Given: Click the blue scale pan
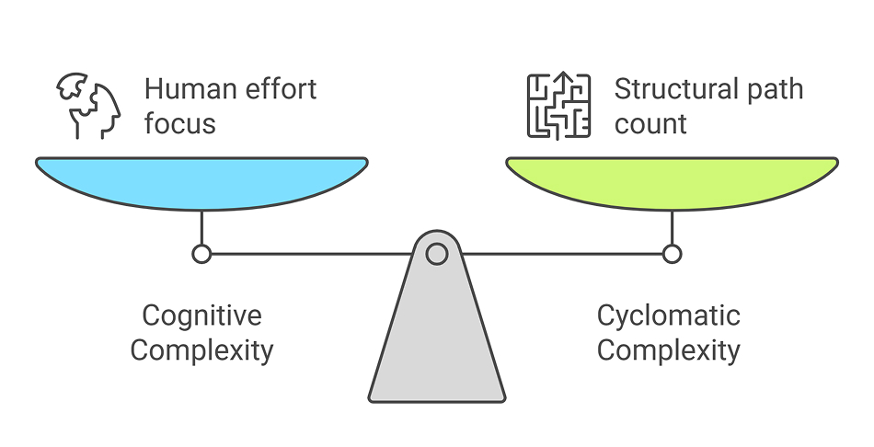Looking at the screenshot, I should (201, 182).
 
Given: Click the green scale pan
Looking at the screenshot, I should (672, 182).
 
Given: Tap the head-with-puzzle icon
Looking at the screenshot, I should (89, 107).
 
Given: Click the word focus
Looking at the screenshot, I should (179, 122).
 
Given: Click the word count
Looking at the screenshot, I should (650, 122).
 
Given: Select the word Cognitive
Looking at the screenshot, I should (201, 316).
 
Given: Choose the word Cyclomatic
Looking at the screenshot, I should (669, 316).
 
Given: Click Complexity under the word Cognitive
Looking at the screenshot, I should (201, 350).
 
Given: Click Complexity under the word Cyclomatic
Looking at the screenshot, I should (669, 350).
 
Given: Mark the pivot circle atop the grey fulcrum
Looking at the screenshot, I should (437, 253).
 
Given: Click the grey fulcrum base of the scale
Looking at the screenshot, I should (437, 340).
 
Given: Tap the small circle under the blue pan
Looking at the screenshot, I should (201, 253).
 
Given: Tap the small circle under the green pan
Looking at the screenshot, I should (672, 253).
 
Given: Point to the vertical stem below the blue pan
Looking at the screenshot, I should (201, 227).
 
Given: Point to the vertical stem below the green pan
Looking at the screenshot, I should (672, 227).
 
